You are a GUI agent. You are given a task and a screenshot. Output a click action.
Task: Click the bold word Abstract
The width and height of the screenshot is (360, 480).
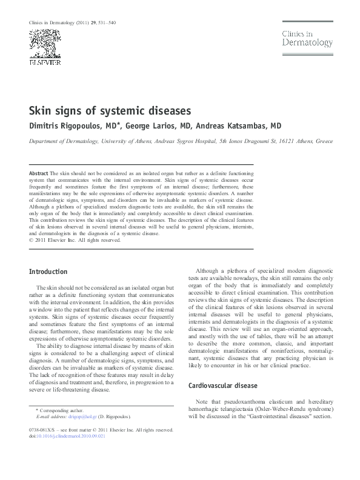coord(39,173)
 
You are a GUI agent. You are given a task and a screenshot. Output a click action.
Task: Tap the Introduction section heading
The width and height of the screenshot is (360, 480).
coord(48,271)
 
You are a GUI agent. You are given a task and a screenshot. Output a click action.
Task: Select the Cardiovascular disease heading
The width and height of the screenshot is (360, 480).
coord(223,385)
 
